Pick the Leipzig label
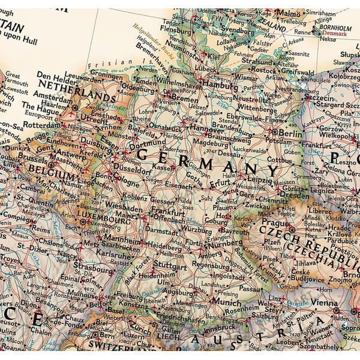pos(260,179)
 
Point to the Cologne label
pos(126,182)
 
